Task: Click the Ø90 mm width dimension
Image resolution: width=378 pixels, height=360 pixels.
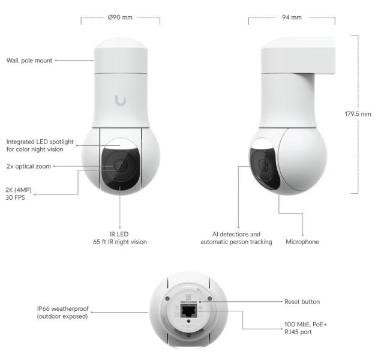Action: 120,17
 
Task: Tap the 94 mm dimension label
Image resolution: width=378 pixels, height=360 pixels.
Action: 292,17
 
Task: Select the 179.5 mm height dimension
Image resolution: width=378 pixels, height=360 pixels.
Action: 358,114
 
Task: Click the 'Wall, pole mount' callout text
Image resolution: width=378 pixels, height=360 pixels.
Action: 29,61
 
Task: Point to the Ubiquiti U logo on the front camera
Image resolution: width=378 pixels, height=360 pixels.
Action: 121,100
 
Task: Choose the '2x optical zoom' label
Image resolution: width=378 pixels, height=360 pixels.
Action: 29,166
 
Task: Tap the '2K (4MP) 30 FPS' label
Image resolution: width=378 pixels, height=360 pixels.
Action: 19,194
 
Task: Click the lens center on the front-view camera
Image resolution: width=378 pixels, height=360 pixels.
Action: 121,166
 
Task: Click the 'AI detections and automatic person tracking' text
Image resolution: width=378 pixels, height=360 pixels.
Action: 236,238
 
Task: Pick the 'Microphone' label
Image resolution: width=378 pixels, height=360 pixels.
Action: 302,242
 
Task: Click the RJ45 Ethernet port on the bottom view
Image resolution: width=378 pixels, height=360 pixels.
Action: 189,311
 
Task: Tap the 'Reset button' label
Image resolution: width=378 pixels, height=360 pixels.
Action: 302,302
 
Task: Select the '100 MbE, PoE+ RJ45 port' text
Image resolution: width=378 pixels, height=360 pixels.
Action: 305,328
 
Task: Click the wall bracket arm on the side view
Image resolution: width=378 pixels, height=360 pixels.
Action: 298,56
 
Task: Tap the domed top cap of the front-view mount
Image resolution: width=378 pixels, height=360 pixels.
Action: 121,43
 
